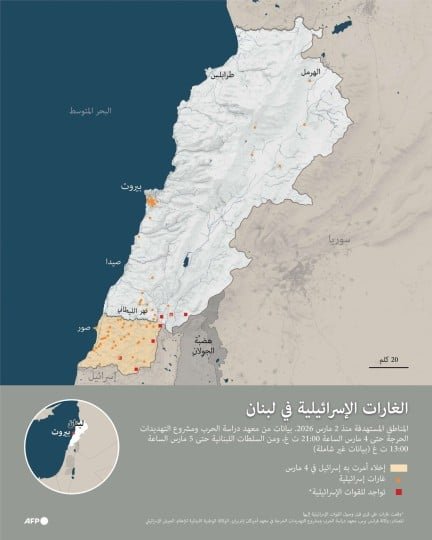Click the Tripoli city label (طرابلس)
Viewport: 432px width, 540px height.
point(222,75)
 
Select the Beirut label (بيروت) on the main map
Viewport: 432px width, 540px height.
point(131,187)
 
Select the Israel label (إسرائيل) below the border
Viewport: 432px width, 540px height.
point(103,379)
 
